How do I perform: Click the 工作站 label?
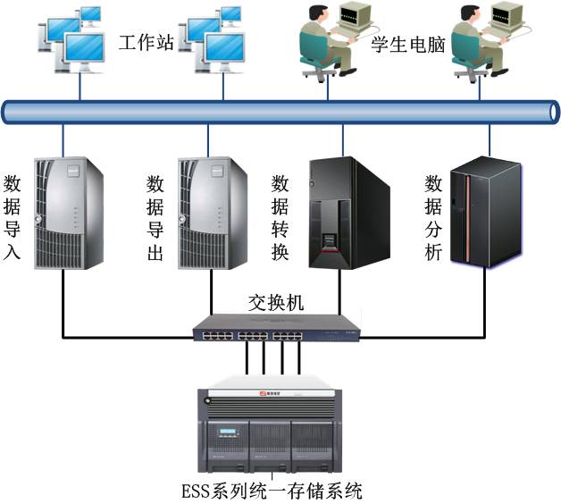coord(146,43)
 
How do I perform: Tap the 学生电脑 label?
coord(408,45)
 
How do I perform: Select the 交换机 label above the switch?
coord(276,303)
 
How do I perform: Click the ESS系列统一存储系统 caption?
coord(272,491)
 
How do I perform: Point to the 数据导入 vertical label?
coord(12,217)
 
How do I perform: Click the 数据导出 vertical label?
coord(155,217)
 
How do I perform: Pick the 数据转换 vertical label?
coord(280,217)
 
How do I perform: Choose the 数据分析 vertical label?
coord(433,217)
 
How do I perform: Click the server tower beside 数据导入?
coord(69,213)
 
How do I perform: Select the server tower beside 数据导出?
coord(213,213)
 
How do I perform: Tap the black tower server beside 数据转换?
coord(349,213)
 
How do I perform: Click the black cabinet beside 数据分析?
coord(486,212)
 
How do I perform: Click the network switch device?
coord(276,328)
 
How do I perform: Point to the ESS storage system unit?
coord(270,424)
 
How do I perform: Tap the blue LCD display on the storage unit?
coord(228,432)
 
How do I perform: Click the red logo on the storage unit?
coord(264,393)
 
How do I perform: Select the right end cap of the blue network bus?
coord(554,112)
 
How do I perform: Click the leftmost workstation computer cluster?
coord(71,39)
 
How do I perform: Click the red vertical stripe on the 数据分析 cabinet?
coord(467,218)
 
